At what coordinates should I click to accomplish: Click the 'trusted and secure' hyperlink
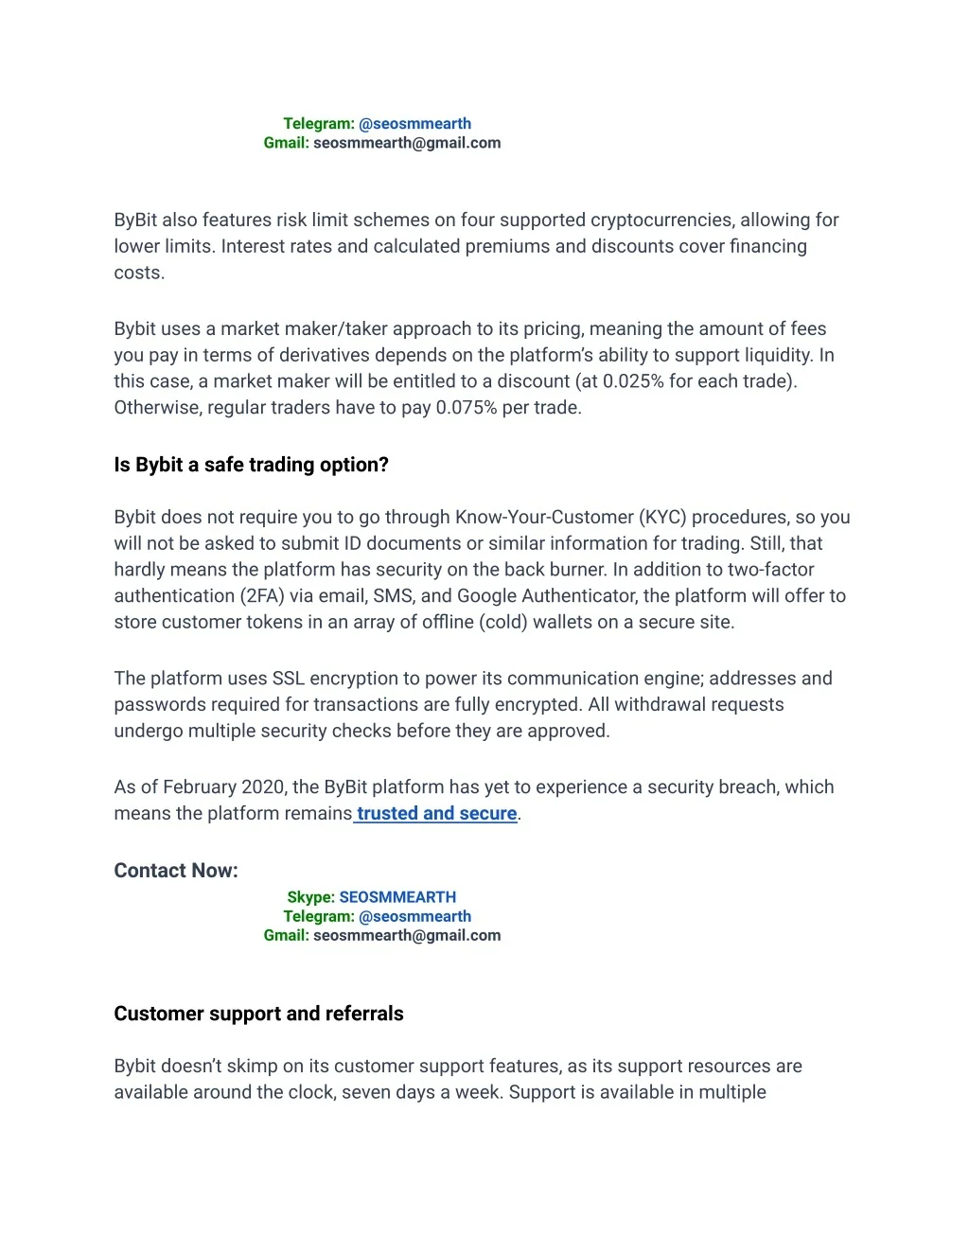(x=436, y=814)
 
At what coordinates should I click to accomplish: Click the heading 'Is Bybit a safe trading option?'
(x=251, y=465)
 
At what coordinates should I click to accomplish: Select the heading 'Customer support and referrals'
(x=258, y=1014)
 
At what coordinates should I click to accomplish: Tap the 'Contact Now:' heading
(x=176, y=871)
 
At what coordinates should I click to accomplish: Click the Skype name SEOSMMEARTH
(x=397, y=897)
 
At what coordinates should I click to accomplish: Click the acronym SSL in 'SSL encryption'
(x=289, y=679)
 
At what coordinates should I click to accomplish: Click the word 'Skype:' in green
(x=310, y=897)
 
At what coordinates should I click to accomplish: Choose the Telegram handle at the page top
(x=414, y=124)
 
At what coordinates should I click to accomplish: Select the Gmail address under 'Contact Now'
(x=407, y=935)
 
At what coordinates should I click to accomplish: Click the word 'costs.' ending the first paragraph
(x=139, y=274)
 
